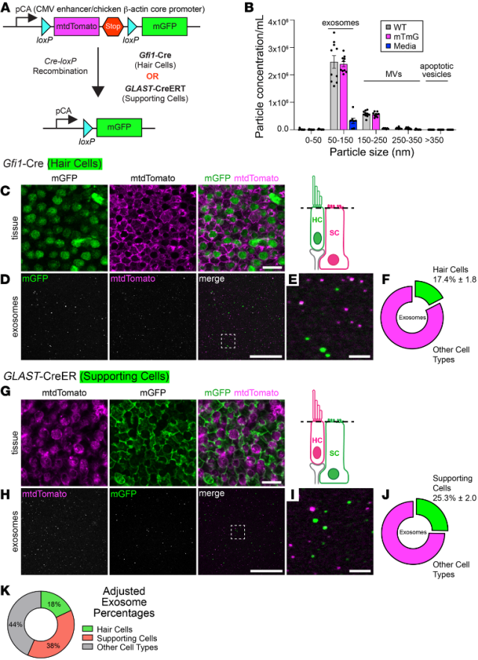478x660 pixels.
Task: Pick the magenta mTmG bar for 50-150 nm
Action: point(344,96)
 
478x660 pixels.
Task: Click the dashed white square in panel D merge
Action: point(229,319)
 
